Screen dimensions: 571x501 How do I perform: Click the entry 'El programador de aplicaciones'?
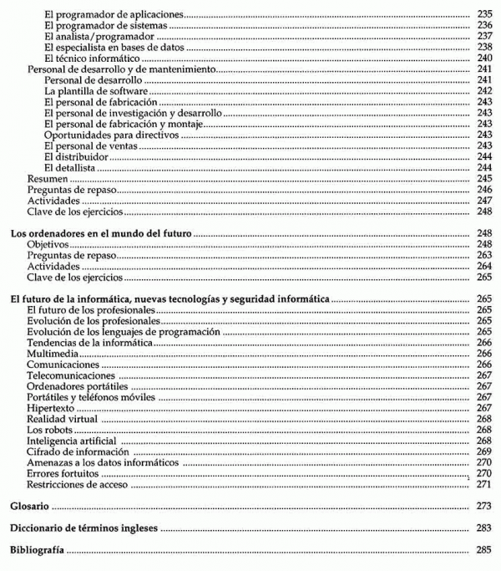tap(114, 15)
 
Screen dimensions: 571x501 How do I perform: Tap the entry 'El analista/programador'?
tap(100, 37)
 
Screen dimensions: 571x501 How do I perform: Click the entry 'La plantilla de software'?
tap(97, 90)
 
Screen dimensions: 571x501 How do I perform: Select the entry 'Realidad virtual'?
tap(62, 418)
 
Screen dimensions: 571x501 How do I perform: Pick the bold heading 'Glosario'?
tap(29, 507)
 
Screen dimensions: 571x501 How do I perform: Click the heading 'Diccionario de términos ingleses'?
tap(83, 529)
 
